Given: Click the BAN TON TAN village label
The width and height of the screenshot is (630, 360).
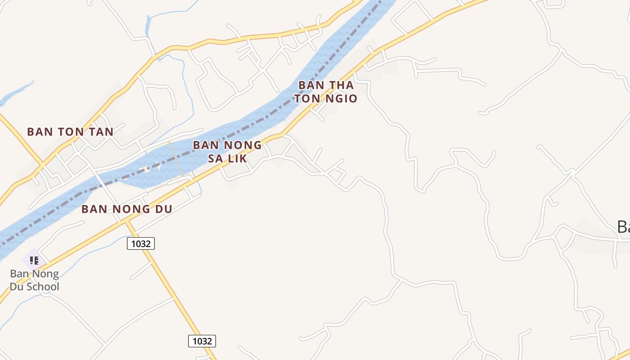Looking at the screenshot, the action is [x=70, y=132].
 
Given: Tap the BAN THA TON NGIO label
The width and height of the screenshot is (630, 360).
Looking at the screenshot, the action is [x=326, y=92].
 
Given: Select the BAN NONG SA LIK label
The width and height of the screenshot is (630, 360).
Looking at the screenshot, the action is [x=227, y=152].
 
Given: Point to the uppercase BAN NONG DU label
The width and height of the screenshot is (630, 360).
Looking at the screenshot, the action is [x=127, y=209].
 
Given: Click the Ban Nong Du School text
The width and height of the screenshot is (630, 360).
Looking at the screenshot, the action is [x=35, y=280].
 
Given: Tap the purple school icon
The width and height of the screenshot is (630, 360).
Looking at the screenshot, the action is [x=34, y=260].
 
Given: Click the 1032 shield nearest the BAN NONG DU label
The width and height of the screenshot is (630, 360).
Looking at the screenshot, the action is [x=141, y=243].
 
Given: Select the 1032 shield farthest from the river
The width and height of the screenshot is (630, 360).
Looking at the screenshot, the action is [x=202, y=341].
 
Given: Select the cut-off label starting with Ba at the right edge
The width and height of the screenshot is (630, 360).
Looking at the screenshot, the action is [x=623, y=227].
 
